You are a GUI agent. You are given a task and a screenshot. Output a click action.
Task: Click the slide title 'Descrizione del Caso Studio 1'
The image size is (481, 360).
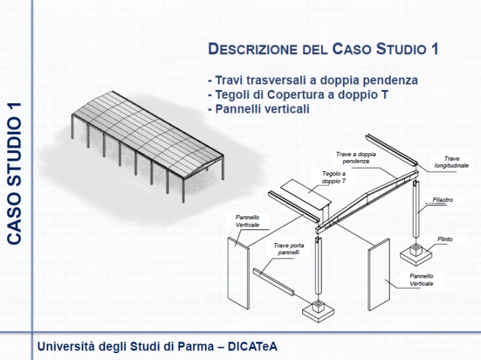(323, 49)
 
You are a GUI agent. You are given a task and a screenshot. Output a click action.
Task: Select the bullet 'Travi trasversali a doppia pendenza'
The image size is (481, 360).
(313, 80)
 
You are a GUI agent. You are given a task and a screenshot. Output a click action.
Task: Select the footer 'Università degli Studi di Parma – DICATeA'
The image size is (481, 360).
(157, 346)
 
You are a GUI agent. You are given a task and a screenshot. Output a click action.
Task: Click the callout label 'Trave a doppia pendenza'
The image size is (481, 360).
(355, 157)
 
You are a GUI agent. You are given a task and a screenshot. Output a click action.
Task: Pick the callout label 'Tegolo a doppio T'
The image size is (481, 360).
(334, 177)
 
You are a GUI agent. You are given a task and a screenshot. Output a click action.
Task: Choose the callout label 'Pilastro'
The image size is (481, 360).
(443, 200)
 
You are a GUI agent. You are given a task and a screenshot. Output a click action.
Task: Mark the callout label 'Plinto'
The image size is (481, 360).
(445, 239)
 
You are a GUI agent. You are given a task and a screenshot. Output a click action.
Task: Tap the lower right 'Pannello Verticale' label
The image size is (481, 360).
(421, 279)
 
